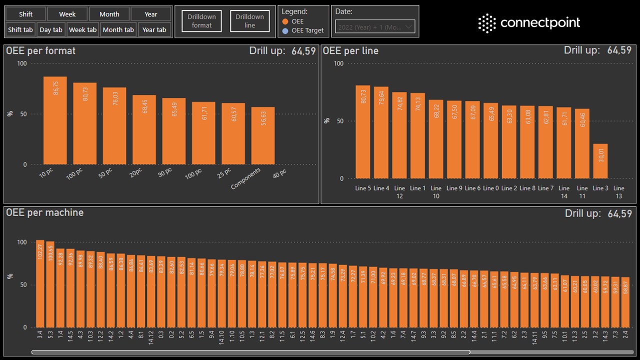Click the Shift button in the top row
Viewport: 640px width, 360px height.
pyautogui.click(x=26, y=14)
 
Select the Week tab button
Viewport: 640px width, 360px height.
pyautogui.click(x=82, y=30)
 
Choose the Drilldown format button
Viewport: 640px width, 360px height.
pyautogui.click(x=201, y=21)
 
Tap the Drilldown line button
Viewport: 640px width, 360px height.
pyautogui.click(x=249, y=21)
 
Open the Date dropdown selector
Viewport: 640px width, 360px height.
pyautogui.click(x=375, y=27)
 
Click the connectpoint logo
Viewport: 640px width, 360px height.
pyautogui.click(x=529, y=23)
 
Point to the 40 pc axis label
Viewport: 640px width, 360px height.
pyautogui.click(x=279, y=173)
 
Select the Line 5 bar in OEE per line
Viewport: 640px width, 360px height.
pyautogui.click(x=363, y=132)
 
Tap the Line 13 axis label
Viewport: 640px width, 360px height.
pyautogui.click(x=618, y=192)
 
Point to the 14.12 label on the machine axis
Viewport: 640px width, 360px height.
pyautogui.click(x=150, y=337)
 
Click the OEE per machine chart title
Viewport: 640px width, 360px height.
pyautogui.click(x=45, y=213)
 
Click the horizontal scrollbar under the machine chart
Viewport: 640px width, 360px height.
pyautogui.click(x=250, y=352)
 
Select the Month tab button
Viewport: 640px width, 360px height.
pyautogui.click(x=118, y=30)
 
